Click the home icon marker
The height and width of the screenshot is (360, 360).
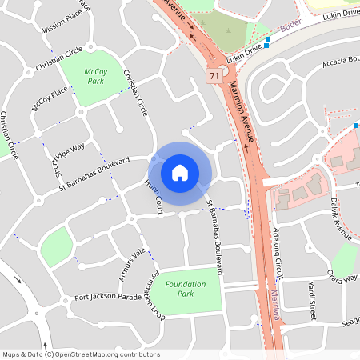180,172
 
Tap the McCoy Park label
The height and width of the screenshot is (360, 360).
95,76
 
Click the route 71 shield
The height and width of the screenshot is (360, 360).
214,75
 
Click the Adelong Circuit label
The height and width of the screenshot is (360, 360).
278,253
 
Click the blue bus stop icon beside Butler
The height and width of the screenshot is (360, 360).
267,39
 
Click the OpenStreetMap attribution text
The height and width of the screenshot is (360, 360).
81,354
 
